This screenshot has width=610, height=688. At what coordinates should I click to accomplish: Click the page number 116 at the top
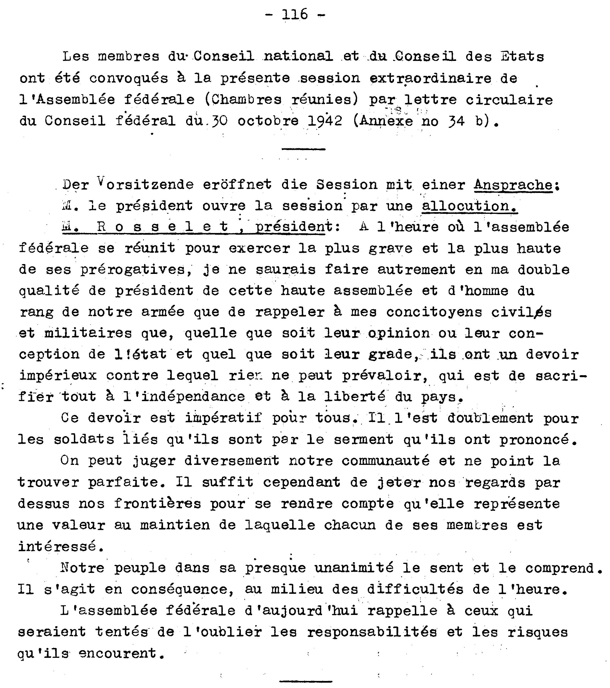[x=295, y=14]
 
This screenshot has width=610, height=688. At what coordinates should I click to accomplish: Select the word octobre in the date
[x=268, y=121]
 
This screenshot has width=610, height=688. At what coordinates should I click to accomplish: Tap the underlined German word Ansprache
[x=513, y=184]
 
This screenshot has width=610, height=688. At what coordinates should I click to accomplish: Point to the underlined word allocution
[x=469, y=206]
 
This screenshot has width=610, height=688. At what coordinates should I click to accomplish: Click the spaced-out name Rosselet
[x=163, y=227]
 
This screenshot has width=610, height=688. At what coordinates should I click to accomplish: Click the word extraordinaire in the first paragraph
[x=430, y=78]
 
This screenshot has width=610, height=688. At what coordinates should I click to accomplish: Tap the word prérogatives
[x=133, y=270]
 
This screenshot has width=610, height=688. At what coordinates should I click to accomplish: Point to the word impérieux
[x=58, y=375]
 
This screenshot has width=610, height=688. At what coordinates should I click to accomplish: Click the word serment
[x=363, y=439]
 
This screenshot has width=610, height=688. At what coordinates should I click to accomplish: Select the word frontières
[x=157, y=504]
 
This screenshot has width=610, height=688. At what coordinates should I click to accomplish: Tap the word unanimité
[x=354, y=568]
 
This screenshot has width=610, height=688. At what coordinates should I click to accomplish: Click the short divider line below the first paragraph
[x=303, y=149]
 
